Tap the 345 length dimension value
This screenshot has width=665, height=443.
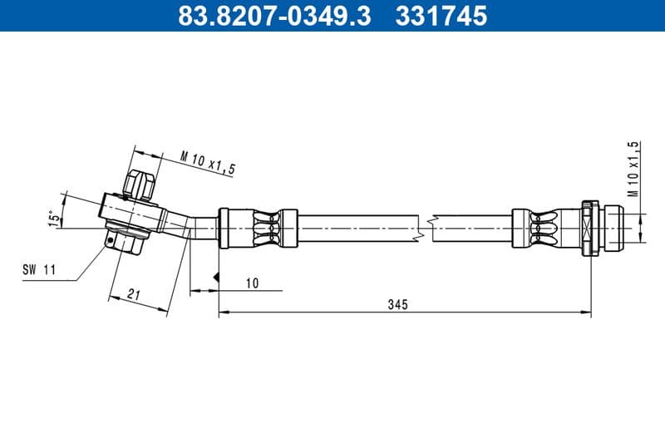(x=397, y=305)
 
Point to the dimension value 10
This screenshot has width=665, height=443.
(x=253, y=283)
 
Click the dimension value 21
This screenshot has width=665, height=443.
(x=135, y=293)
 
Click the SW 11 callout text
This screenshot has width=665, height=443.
(x=39, y=269)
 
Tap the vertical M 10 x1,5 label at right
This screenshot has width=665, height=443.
(x=633, y=169)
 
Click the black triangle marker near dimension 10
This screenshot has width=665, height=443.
(x=215, y=276)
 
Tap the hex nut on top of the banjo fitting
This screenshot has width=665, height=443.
(x=139, y=184)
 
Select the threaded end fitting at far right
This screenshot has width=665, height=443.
(x=612, y=226)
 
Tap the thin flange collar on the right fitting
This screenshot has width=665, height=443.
(x=588, y=226)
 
